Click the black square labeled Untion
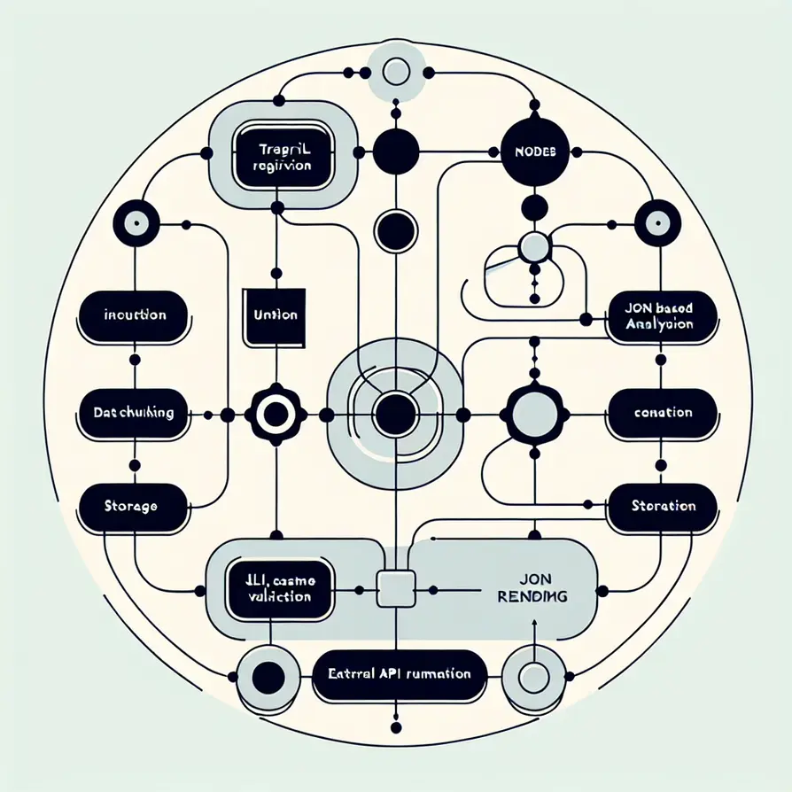[276, 314]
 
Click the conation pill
[664, 413]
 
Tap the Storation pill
[664, 506]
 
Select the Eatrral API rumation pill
[398, 674]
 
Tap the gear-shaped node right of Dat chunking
[274, 413]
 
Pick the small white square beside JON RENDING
[395, 589]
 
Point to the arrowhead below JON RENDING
[534, 623]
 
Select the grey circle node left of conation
[534, 413]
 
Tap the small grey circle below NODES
[534, 248]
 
